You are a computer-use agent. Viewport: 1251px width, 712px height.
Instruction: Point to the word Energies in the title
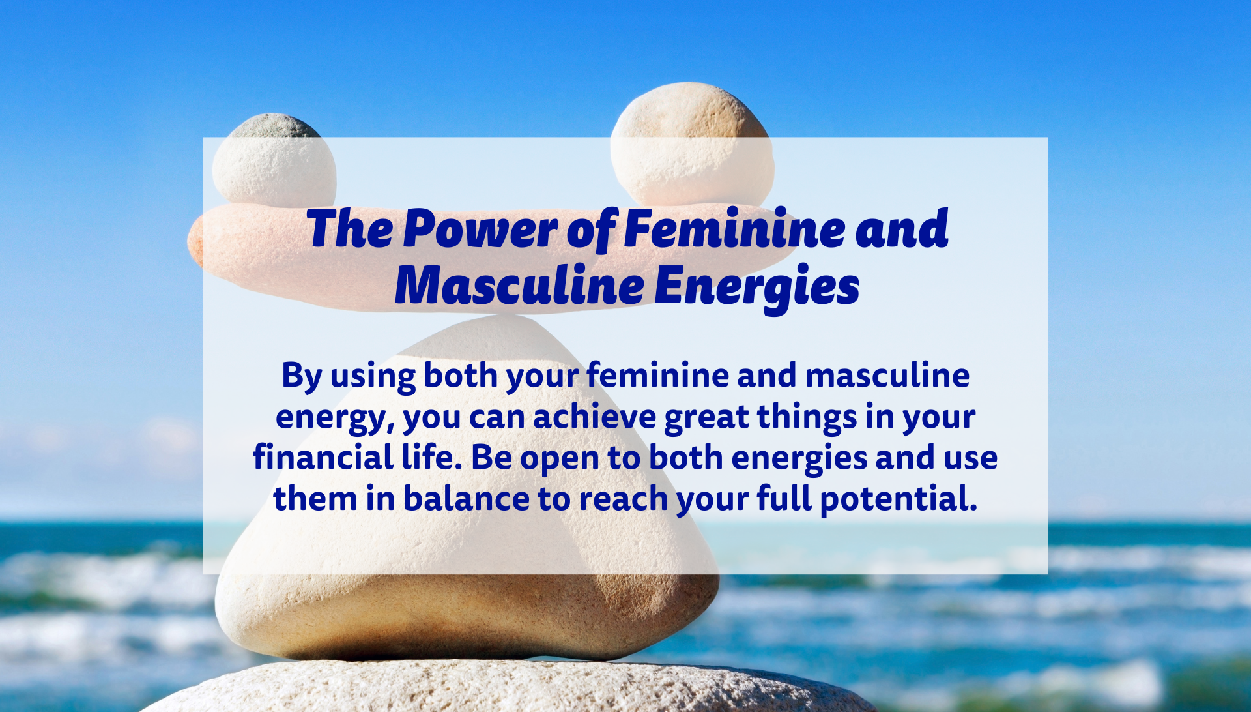click(756, 287)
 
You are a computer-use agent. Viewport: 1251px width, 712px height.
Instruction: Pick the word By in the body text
click(302, 377)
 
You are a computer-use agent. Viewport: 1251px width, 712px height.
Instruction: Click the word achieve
click(595, 417)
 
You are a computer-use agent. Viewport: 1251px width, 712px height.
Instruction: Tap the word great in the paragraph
click(706, 419)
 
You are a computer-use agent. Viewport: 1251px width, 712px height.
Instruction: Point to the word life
click(431, 457)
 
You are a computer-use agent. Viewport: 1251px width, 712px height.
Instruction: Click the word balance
click(467, 498)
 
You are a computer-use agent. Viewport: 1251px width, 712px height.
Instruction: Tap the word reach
click(624, 498)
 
